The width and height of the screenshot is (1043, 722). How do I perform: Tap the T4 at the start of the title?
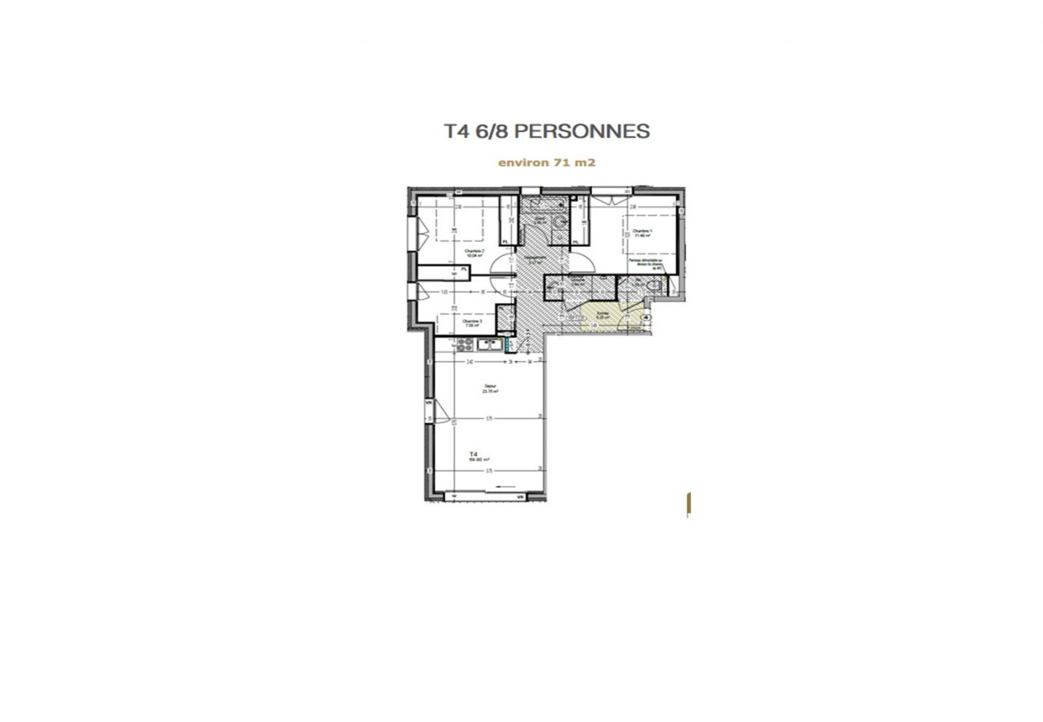pyautogui.click(x=456, y=132)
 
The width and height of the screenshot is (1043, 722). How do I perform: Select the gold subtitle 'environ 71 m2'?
pyautogui.click(x=546, y=162)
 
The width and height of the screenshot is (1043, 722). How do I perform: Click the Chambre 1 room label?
pyautogui.click(x=642, y=233)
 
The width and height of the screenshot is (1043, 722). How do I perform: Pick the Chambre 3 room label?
pyautogui.click(x=472, y=322)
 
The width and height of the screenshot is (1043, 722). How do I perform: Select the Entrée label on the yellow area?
pyautogui.click(x=602, y=314)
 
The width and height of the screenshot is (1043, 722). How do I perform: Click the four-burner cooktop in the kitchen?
pyautogui.click(x=465, y=345)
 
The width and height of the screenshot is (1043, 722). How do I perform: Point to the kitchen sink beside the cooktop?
pyautogui.click(x=489, y=345)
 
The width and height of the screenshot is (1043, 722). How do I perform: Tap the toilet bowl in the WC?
pyautogui.click(x=655, y=286)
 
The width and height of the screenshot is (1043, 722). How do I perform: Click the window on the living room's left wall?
pyautogui.click(x=428, y=410)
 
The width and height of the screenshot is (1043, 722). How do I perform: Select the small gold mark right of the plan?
pyautogui.click(x=688, y=504)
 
